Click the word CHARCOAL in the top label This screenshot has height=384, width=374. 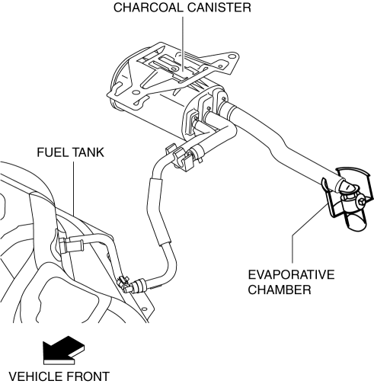point(149,8)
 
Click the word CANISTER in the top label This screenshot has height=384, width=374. point(219,8)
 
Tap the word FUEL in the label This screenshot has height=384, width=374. point(53,152)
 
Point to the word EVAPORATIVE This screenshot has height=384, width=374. point(291,275)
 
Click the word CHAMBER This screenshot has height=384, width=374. point(280,290)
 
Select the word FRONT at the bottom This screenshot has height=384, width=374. point(90,376)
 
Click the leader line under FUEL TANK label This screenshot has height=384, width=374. point(74,188)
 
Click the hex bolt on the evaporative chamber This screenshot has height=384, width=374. point(362,203)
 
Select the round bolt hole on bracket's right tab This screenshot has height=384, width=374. point(231,56)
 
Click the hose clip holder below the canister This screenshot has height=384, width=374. point(181,157)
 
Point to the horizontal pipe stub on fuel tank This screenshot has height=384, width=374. point(74,245)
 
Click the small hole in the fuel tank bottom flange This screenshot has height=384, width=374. point(145,309)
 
